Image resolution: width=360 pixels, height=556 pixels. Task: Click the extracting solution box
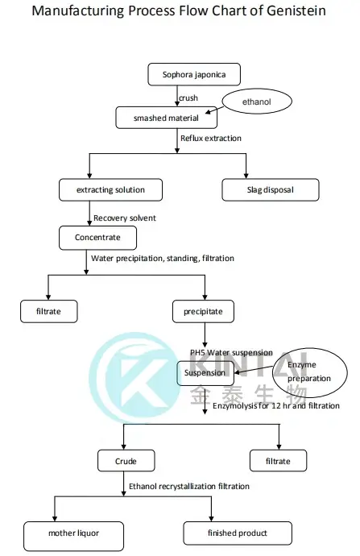pos(112,189)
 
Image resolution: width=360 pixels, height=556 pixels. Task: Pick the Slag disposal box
pos(270,189)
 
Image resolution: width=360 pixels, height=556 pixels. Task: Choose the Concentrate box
pos(97,238)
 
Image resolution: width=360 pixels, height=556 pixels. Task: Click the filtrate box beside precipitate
pos(50,310)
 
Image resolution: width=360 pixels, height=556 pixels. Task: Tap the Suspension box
pos(206,373)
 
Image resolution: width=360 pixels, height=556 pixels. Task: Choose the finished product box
pos(238,533)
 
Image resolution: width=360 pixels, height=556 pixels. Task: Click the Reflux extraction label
pos(212,139)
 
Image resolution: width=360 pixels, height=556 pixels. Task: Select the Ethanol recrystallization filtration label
pos(188,486)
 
